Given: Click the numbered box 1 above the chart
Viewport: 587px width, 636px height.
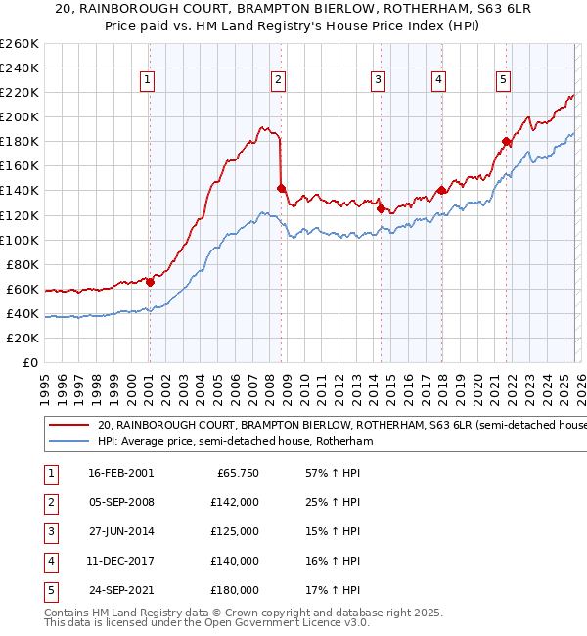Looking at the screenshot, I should [147, 80].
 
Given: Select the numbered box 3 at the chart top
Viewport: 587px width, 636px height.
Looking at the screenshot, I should [378, 80].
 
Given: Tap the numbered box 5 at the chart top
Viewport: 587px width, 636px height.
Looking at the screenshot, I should [503, 80].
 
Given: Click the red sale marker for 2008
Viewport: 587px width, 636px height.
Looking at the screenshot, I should [281, 188].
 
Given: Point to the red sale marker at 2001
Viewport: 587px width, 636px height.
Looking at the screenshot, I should [150, 282].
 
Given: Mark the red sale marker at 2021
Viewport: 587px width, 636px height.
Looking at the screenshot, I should [506, 141].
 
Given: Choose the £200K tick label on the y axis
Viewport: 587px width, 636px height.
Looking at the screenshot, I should [20, 116].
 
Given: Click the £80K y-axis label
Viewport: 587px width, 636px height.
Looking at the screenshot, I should [23, 264].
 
